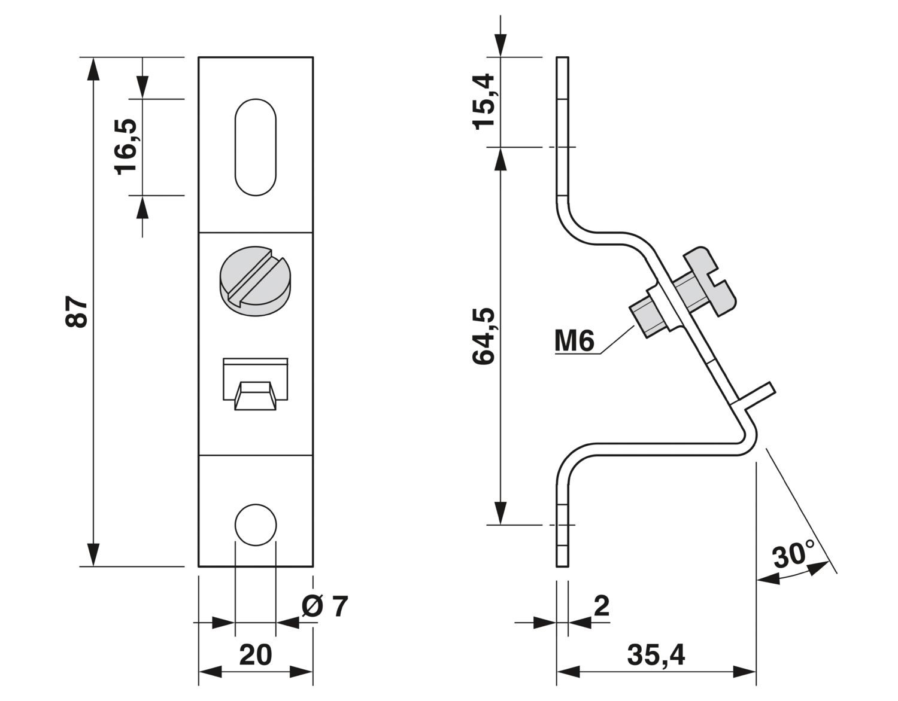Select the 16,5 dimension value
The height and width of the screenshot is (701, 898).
[127, 146]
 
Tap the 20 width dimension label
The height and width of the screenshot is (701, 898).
[256, 656]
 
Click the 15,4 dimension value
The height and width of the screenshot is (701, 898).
[483, 100]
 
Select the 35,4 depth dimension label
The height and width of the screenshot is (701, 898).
[656, 656]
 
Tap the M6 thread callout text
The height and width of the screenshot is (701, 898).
[574, 341]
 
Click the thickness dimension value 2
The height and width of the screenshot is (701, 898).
[602, 606]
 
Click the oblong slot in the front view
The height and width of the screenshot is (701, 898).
[256, 147]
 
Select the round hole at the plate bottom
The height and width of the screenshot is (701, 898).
[256, 525]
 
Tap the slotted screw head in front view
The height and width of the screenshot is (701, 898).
[256, 276]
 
